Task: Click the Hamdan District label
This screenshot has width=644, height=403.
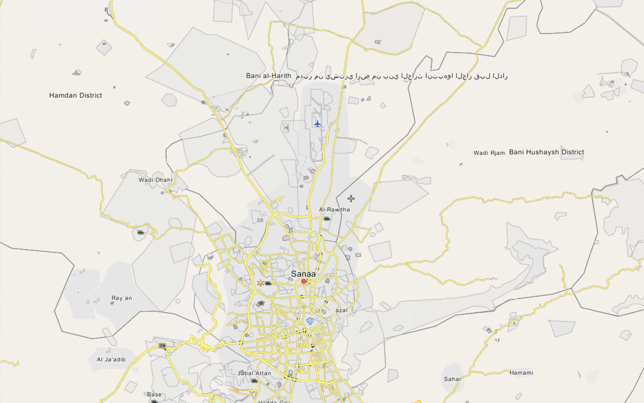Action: (76, 95)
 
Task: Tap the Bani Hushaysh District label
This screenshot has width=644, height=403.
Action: (546, 152)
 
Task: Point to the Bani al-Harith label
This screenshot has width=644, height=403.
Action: (268, 76)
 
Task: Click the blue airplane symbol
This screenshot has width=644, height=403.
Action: (317, 124)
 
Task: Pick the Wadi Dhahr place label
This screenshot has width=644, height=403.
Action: (156, 180)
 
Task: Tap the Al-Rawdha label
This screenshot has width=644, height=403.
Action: (334, 210)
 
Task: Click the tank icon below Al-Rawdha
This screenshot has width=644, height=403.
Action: (326, 219)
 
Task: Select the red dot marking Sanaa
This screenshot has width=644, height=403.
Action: (304, 281)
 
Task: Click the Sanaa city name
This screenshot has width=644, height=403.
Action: (303, 274)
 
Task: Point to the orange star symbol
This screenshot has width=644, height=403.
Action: (260, 283)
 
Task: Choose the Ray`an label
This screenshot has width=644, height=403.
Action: (122, 298)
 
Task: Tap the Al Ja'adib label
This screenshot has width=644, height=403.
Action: (111, 360)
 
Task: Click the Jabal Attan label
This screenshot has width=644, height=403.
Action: (255, 373)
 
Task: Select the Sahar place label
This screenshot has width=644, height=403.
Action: (452, 379)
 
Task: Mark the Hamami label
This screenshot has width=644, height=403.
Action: (521, 373)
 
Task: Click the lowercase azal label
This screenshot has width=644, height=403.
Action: (341, 310)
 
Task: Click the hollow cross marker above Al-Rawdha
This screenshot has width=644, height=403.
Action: (351, 199)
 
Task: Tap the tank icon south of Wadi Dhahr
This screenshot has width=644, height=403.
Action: (140, 233)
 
